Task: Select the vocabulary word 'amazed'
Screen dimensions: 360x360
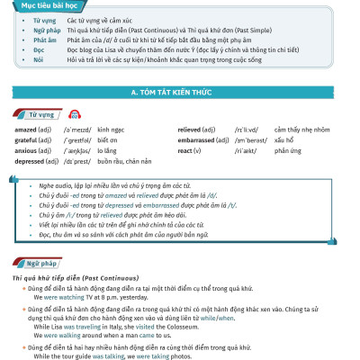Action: point(24,130)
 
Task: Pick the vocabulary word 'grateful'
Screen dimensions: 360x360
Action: point(25,139)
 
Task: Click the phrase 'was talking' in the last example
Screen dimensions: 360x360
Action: point(111,355)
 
